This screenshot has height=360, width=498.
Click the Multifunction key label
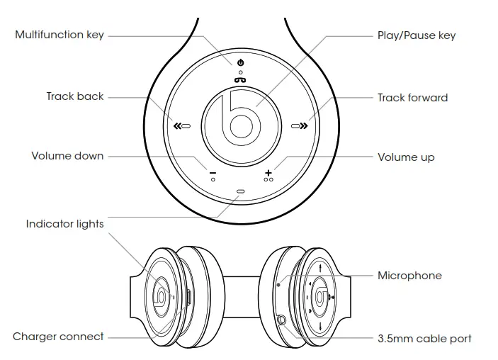coord(60,35)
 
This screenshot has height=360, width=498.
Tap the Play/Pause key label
coord(416,35)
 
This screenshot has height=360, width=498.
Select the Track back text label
coord(75,96)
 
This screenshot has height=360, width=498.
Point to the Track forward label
coord(412,97)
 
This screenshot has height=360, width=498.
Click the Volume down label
coord(67,156)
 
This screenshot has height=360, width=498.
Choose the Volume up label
coord(406,157)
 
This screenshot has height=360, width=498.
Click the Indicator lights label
coord(65,224)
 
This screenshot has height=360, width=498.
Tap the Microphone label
coord(409,276)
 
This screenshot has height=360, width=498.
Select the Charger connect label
coord(58,337)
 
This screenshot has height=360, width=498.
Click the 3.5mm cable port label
coord(424,339)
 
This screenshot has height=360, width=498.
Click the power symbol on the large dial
coord(241,63)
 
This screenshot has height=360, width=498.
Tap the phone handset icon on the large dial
coord(241,79)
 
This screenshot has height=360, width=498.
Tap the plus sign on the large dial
coord(268,171)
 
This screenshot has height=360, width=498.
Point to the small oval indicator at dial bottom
coord(241,191)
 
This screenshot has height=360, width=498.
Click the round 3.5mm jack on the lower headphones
coord(284,320)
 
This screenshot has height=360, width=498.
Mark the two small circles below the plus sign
coord(268,180)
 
